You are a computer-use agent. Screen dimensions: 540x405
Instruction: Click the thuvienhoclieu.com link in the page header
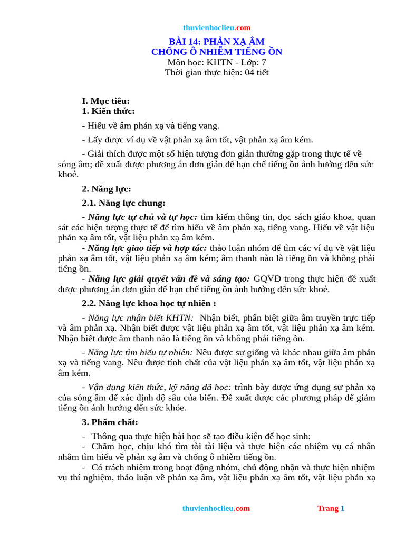coord(217,28)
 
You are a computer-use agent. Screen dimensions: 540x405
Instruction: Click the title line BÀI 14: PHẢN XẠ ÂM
coord(216,42)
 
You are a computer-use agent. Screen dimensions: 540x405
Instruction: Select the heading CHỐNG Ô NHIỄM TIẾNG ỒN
coord(216,52)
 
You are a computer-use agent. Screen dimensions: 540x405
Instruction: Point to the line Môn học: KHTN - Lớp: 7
coord(216,62)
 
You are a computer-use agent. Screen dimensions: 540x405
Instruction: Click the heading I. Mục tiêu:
coord(105,101)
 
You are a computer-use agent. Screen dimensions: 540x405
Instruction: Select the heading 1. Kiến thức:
coord(108,111)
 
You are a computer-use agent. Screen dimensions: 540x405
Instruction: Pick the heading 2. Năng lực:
coord(107,189)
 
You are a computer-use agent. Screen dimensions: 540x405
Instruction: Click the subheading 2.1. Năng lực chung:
coord(123,203)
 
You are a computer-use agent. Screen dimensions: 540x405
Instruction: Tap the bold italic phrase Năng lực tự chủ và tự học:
coord(142,217)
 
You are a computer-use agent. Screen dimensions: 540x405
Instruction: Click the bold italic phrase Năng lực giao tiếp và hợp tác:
coord(148,248)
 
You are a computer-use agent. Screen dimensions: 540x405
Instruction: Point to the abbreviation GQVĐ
coord(269,279)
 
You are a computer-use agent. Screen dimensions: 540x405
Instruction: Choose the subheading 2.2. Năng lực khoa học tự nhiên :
coord(149,303)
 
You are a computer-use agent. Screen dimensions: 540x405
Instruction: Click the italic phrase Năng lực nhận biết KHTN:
coord(141,318)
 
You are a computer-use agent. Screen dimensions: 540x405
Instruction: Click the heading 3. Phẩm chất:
coord(110,422)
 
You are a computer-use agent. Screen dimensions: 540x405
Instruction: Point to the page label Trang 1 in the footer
coord(331,509)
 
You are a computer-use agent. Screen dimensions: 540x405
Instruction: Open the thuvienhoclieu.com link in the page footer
coord(216,509)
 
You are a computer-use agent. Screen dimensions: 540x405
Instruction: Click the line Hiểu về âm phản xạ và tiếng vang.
coord(153,126)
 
